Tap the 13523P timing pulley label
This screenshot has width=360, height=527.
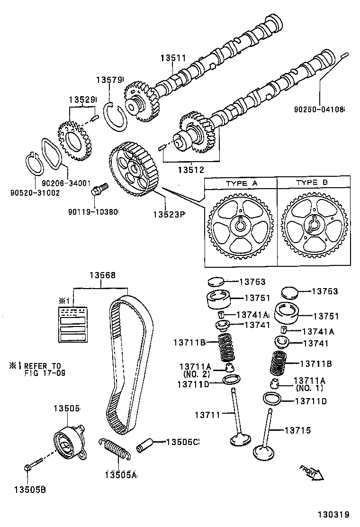point(168,214)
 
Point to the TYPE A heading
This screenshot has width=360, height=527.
point(241,182)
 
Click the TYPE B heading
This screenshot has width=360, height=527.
point(313,182)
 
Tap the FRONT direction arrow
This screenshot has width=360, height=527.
point(311,472)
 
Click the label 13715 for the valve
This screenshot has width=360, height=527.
point(297,430)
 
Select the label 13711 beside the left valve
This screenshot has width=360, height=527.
point(207,415)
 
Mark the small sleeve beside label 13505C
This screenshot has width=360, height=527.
point(145,445)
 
